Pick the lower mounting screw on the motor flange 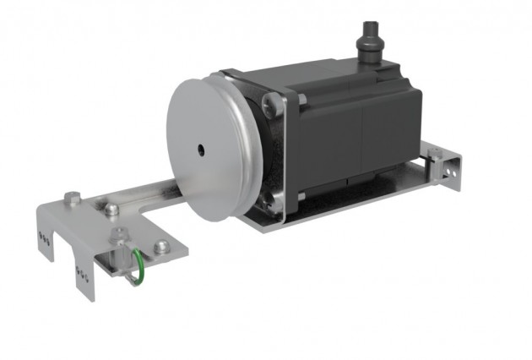coord(269,201)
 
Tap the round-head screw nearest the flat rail coord(112,208)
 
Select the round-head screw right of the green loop coord(161,247)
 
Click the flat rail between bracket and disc coord(152,194)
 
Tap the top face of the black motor coord(338,80)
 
